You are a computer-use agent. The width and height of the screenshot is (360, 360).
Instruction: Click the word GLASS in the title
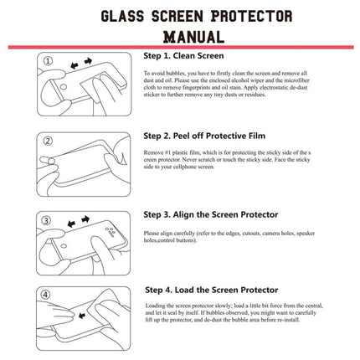pyautogui.click(x=126, y=16)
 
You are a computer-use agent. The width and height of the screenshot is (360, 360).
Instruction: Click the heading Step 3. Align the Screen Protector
pyautogui.click(x=222, y=215)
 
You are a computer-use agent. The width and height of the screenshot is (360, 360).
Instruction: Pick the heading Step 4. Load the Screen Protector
pyautogui.click(x=223, y=290)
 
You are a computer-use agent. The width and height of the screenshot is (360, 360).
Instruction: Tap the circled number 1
pyautogui.click(x=48, y=61)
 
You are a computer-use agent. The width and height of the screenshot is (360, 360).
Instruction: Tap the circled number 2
pyautogui.click(x=48, y=140)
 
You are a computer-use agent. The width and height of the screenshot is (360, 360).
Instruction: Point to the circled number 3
pyautogui.click(x=48, y=219)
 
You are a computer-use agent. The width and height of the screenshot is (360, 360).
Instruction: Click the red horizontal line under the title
pyautogui.click(x=180, y=48)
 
